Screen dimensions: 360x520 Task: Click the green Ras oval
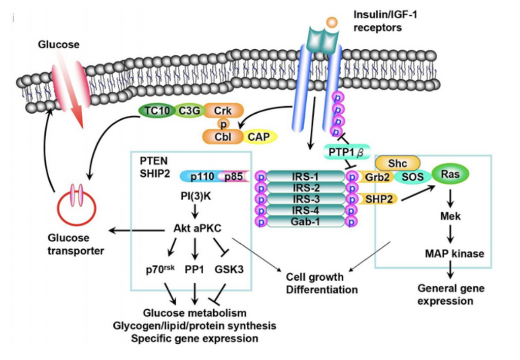pyautogui.click(x=450, y=174)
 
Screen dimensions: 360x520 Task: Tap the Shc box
pyautogui.click(x=398, y=162)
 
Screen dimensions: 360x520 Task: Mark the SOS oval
pyautogui.click(x=411, y=176)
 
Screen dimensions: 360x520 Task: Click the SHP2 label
pyautogui.click(x=378, y=199)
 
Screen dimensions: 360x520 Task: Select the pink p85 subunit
pyautogui.click(x=232, y=176)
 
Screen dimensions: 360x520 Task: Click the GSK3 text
pyautogui.click(x=229, y=270)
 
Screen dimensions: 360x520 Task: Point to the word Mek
pyautogui.click(x=450, y=217)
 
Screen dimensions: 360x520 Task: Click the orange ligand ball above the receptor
pyautogui.click(x=331, y=22)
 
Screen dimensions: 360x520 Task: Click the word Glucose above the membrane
pyautogui.click(x=59, y=45)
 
